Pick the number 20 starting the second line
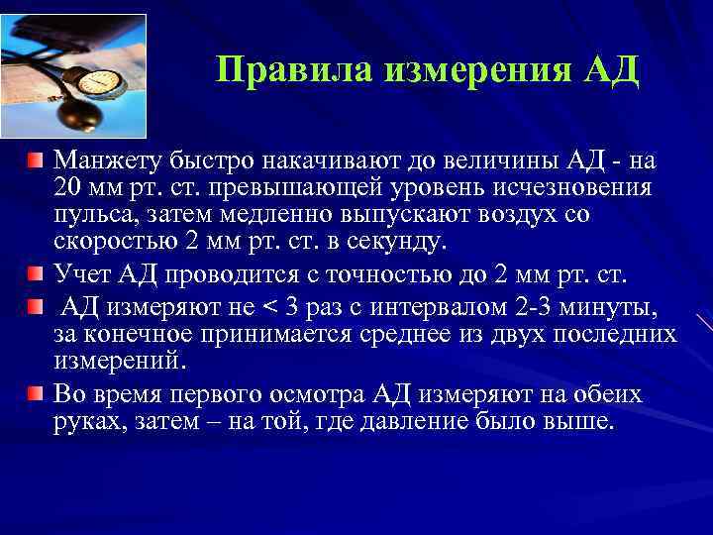68,188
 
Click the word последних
616,335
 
